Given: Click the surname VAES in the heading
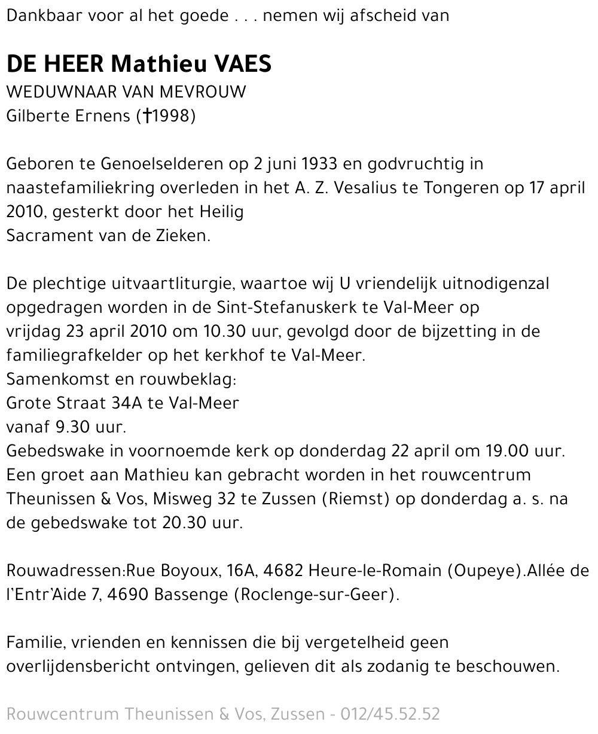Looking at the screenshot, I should [x=239, y=64].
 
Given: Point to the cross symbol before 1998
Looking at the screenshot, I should [x=146, y=116].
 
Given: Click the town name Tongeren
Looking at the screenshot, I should [x=453, y=188].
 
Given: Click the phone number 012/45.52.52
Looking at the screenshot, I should [x=390, y=714].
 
